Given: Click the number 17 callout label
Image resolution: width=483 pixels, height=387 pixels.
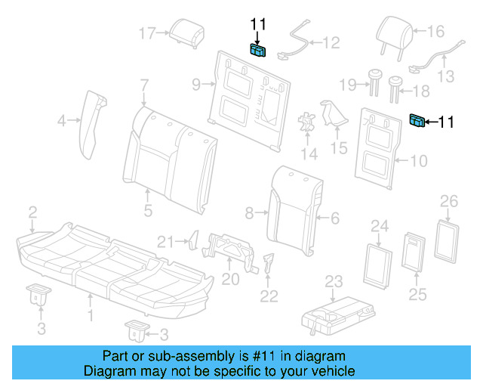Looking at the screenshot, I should [147, 33].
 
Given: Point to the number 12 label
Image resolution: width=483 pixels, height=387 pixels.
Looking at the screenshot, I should [332, 43].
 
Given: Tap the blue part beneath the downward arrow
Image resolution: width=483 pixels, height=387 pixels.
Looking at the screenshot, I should [258, 51].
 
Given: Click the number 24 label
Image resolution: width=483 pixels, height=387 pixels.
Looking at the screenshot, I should [379, 226].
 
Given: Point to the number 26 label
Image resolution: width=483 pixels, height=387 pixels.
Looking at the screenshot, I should [449, 200].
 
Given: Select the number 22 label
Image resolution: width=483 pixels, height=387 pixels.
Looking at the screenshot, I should [269, 297].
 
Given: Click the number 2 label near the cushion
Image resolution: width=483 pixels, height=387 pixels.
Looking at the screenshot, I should [32, 210].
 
